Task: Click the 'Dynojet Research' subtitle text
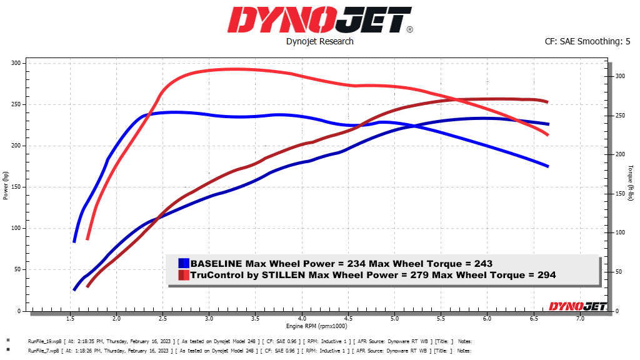[x=319, y=41]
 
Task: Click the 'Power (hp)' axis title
[x=6, y=186]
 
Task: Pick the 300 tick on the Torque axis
[x=620, y=76]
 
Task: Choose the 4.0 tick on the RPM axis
[x=302, y=319]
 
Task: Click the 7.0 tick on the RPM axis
[x=580, y=319]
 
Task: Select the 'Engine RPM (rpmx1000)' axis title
[x=317, y=326]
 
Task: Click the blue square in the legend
[x=184, y=264]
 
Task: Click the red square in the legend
[x=184, y=275]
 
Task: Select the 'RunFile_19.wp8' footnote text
[x=46, y=341]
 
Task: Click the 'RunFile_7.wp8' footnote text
[x=44, y=351]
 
